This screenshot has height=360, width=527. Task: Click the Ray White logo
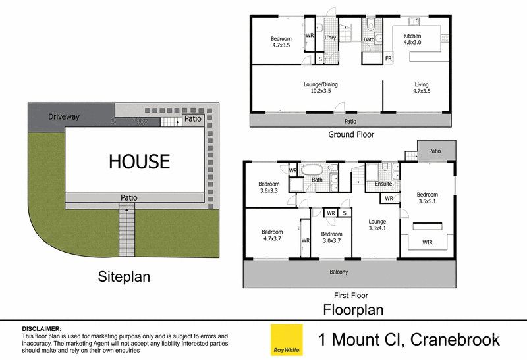pyautogui.click(x=287, y=340)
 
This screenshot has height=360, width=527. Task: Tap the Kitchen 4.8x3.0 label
pyautogui.click(x=412, y=39)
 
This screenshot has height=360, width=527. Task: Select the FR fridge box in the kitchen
pyautogui.click(x=388, y=58)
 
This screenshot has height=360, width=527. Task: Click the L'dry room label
pyautogui.click(x=330, y=38)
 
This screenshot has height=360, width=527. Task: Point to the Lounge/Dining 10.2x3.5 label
pyautogui.click(x=321, y=88)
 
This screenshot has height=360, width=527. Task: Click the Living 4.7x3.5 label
pyautogui.click(x=422, y=88)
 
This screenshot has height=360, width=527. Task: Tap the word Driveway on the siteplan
pyautogui.click(x=64, y=117)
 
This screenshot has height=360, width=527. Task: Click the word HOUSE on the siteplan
pyautogui.click(x=139, y=161)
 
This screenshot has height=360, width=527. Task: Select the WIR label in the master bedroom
pyautogui.click(x=428, y=242)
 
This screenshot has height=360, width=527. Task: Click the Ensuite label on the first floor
pyautogui.click(x=383, y=184)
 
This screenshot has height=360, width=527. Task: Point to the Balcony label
pyautogui.click(x=339, y=272)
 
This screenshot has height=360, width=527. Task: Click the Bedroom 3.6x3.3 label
pyautogui.click(x=269, y=187)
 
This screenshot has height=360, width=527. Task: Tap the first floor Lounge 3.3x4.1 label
pyautogui.click(x=377, y=225)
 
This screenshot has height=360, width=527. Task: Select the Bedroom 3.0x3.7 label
pyautogui.click(x=332, y=237)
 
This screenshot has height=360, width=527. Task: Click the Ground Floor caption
pyautogui.click(x=351, y=134)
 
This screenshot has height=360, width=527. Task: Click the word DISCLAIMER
pyautogui.click(x=42, y=329)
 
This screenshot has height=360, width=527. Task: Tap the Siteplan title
pyautogui.click(x=124, y=277)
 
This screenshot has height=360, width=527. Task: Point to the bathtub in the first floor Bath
pyautogui.click(x=313, y=170)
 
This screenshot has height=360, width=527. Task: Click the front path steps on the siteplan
pyautogui.click(x=126, y=232)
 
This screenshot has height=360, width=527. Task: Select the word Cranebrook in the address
pyautogui.click(x=455, y=340)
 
